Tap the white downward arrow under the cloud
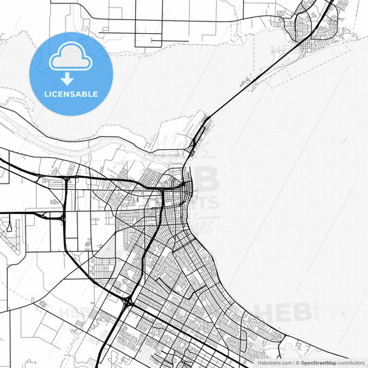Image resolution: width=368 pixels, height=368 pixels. pyautogui.click(x=68, y=78)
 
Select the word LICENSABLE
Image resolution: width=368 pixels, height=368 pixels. pyautogui.click(x=70, y=94)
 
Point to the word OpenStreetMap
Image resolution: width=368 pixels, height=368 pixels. pyautogui.click(x=319, y=362)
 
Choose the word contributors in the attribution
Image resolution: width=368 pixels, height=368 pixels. pyautogui.click(x=351, y=362)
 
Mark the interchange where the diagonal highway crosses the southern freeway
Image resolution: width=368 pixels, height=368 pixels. pyautogui.click(x=128, y=302)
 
